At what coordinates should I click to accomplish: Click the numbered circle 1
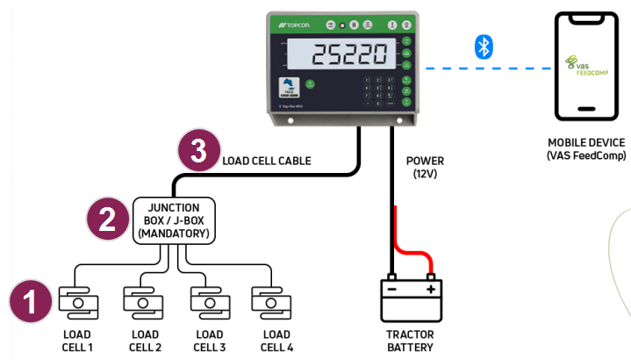point(30,303)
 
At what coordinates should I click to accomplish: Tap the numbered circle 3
point(198,151)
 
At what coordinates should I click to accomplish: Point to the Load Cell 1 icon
point(78,302)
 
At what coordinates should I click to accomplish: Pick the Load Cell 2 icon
point(144,302)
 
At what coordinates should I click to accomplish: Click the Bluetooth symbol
point(482,47)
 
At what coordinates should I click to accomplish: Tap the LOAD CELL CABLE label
point(268,161)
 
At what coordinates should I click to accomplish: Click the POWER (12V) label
point(426,168)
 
